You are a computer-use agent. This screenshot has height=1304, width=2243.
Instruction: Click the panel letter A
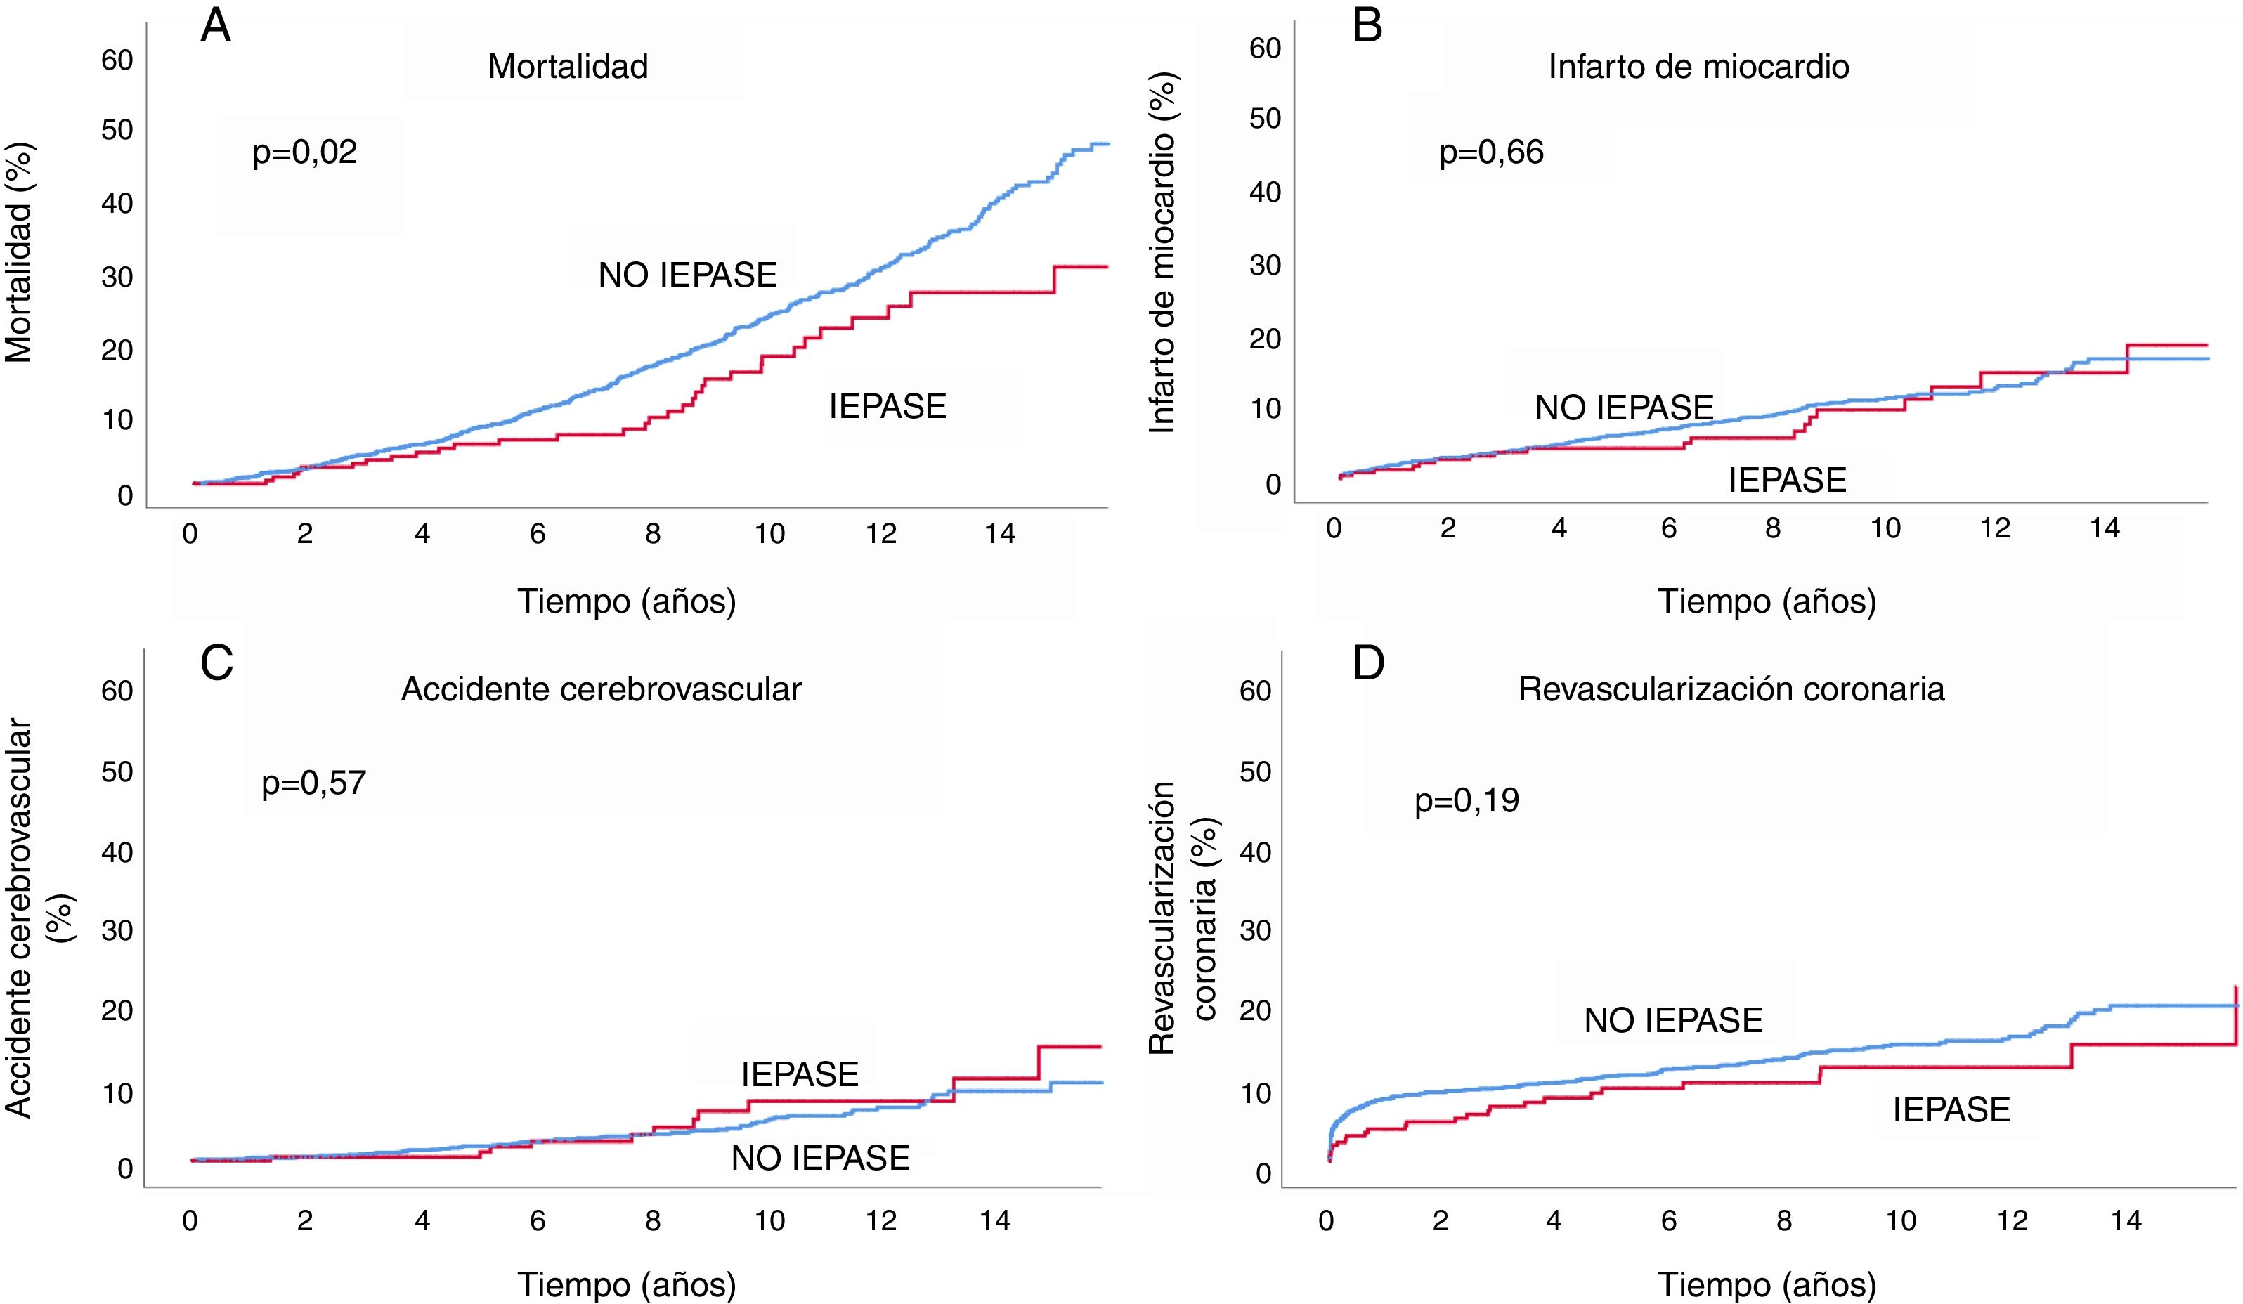coord(216,27)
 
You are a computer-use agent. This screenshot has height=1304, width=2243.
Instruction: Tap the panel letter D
coord(1368,663)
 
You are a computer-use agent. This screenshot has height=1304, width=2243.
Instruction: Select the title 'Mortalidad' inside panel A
coord(568,67)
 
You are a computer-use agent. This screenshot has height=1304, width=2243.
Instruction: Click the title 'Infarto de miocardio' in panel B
coord(1698,67)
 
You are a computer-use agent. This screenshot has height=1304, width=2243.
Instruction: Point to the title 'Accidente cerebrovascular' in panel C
coord(601,689)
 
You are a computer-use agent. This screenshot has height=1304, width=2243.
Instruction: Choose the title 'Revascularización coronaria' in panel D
coord(1731,689)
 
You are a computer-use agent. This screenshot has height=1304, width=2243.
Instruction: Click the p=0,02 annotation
coord(304,152)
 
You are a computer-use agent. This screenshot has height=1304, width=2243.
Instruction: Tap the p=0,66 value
coord(1491,152)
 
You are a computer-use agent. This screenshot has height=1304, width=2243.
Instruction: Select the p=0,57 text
coord(313,783)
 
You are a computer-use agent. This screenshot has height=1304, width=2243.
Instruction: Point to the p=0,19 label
coord(1467,800)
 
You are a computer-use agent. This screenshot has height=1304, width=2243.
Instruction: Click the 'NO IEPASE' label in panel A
coord(687,275)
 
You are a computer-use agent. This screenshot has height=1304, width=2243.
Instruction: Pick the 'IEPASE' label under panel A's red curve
coord(888,407)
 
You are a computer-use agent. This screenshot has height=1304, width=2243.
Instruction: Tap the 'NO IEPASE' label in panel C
coord(820,1158)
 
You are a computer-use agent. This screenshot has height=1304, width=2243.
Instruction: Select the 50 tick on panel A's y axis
coord(117,130)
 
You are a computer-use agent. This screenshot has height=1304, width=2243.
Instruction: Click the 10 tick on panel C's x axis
coord(769,1220)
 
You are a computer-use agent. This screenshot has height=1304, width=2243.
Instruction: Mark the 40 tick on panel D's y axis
coord(1255,852)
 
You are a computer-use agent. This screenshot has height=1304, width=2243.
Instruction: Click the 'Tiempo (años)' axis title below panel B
coord(1766,601)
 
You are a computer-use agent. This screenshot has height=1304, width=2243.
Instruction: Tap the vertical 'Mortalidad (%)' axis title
coord(19,254)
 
